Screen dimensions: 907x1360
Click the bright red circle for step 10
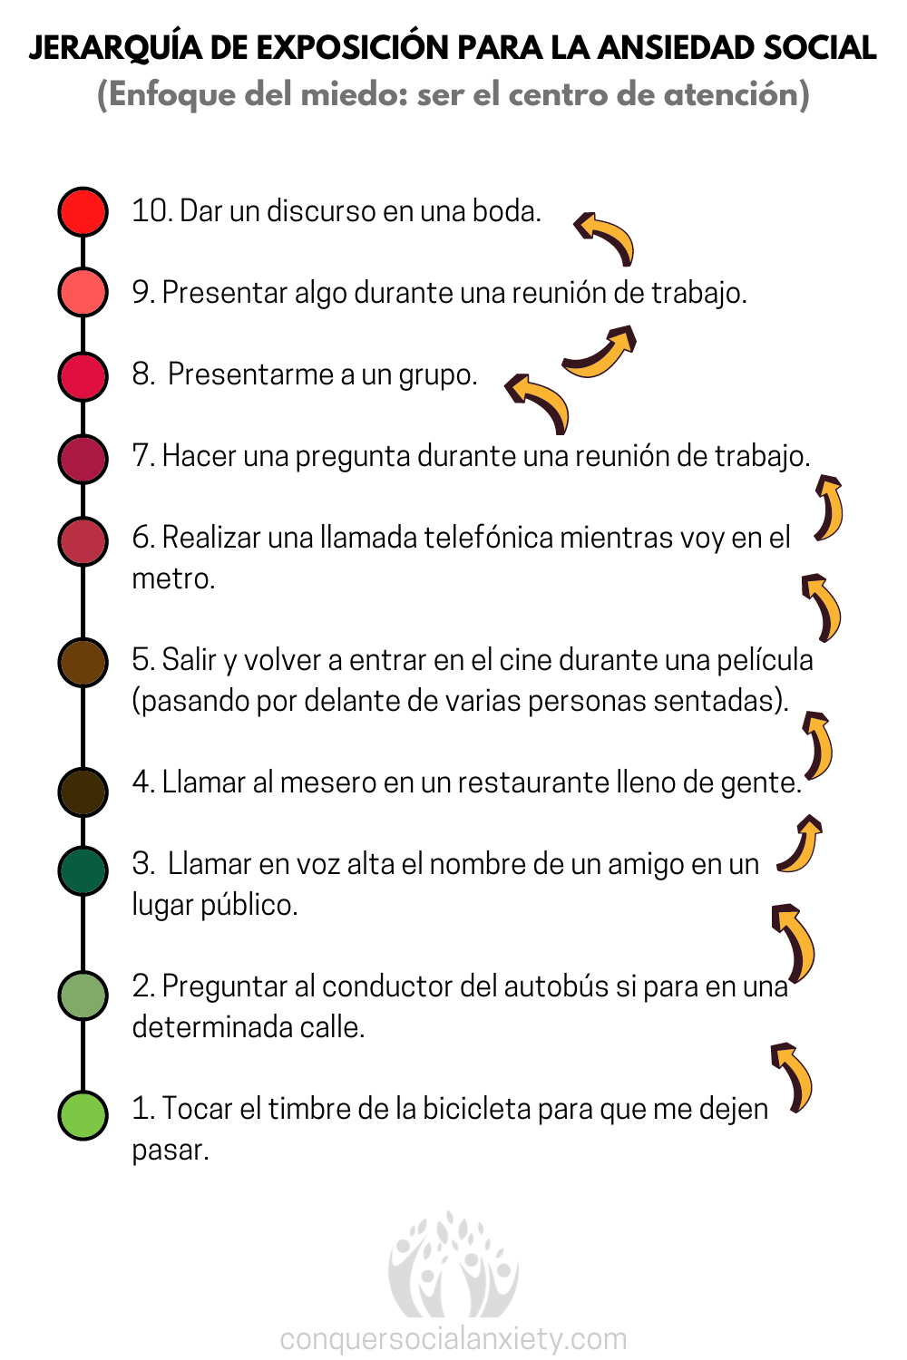83,212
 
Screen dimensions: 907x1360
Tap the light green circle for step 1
83,1114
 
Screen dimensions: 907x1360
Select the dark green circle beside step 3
83,870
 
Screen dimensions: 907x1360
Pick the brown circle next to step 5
83,663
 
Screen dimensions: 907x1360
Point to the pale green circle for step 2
83,996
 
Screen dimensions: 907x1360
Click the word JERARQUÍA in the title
115,47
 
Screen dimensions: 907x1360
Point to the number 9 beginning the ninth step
141,293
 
